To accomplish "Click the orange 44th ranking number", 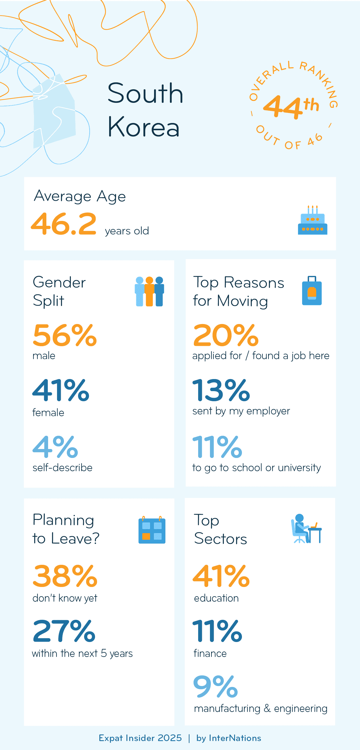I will (x=291, y=107).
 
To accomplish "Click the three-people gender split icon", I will (x=149, y=291).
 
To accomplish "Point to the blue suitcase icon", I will (x=312, y=291).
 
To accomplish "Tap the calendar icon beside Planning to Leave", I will (x=152, y=530).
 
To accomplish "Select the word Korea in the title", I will (x=143, y=127).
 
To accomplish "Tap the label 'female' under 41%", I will (x=48, y=413).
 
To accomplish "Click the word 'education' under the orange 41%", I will (x=216, y=598).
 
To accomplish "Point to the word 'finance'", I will (x=210, y=653).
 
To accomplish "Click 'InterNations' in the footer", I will (x=235, y=738).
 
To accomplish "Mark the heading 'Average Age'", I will (x=80, y=196).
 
